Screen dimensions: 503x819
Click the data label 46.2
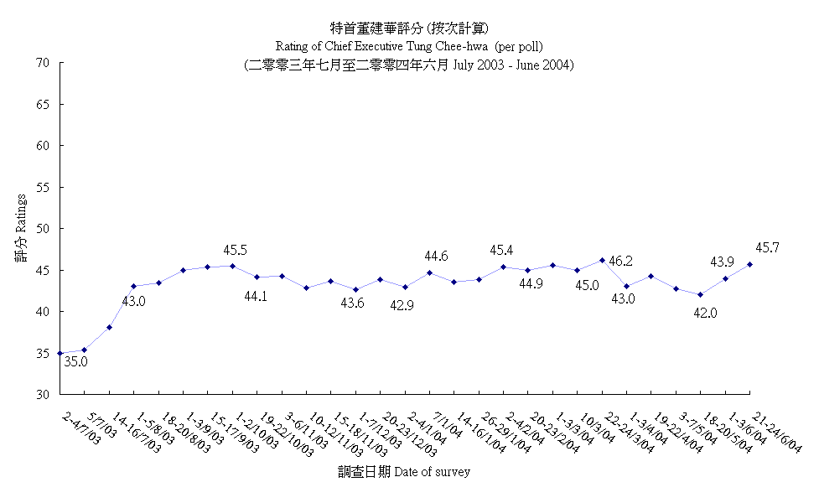[622, 262]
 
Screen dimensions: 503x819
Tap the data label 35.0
[76, 362]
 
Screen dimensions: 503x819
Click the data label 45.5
[235, 250]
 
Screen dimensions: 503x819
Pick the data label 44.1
[256, 295]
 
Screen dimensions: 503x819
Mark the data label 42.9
[402, 305]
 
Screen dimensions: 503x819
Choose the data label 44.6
[436, 257]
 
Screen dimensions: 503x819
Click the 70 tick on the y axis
[44, 63]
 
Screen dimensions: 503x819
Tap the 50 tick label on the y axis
[44, 229]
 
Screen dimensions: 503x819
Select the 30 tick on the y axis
[44, 395]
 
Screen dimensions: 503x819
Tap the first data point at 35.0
[60, 354]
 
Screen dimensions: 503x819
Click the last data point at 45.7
[749, 265]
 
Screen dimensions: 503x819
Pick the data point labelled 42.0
[701, 295]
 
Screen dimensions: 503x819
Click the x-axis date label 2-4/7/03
[80, 428]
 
